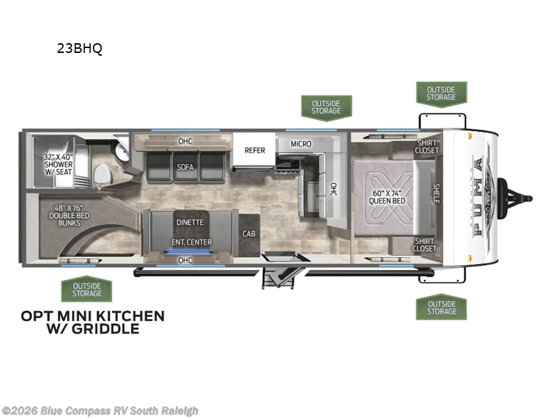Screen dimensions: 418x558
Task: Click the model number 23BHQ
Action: [x=79, y=49]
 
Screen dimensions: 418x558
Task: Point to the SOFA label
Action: [x=186, y=167]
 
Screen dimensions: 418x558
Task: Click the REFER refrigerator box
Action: [x=254, y=150]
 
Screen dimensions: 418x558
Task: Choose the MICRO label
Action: [x=301, y=144]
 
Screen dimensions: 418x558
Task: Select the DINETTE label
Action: [x=190, y=222]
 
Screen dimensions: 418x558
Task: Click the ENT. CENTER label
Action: [x=192, y=242]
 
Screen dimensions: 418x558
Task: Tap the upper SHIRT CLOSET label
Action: [x=426, y=146]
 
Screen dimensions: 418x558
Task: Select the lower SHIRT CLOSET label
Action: [x=425, y=245]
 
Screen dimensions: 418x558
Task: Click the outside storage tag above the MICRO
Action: [x=326, y=107]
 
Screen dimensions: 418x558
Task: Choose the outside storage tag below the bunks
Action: [x=86, y=289]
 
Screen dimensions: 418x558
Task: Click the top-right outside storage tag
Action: [x=441, y=93]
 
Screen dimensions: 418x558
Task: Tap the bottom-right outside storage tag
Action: [x=441, y=307]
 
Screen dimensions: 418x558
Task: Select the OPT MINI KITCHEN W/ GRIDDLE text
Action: [x=93, y=322]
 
